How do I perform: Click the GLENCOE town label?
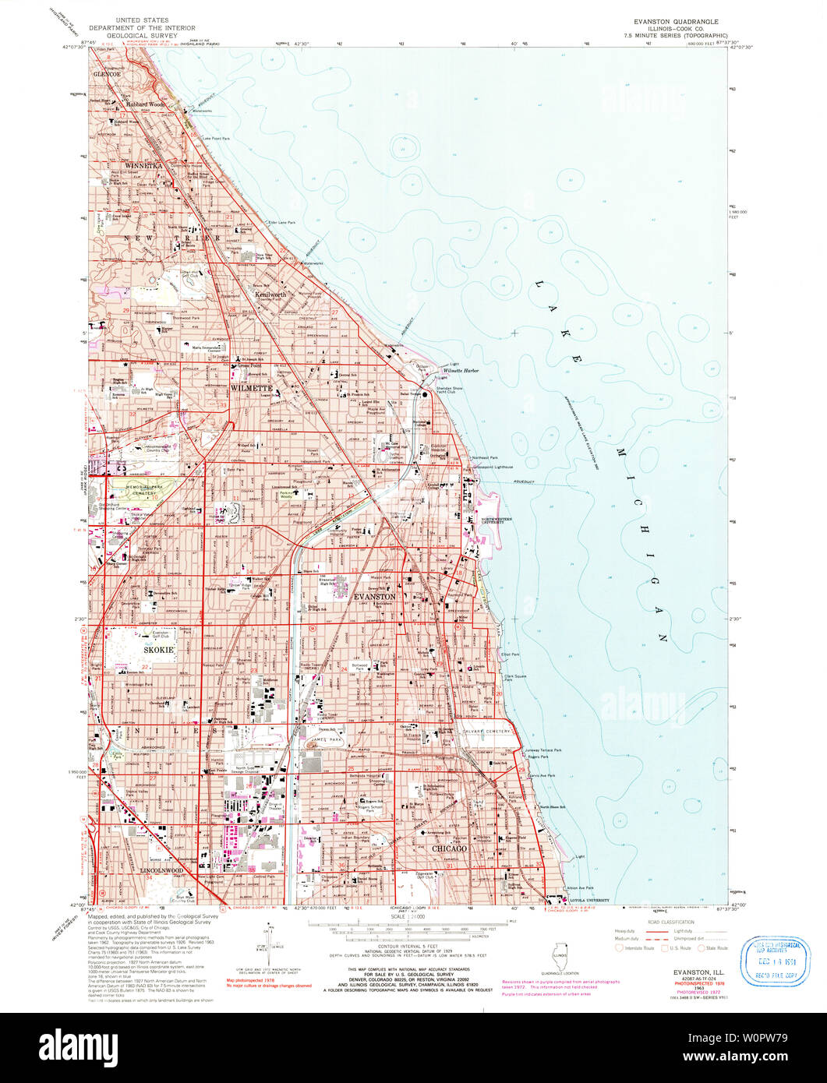point(108,73)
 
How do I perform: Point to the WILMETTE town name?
point(250,387)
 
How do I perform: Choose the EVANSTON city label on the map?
point(374,596)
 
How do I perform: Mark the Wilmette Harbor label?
point(461,371)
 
